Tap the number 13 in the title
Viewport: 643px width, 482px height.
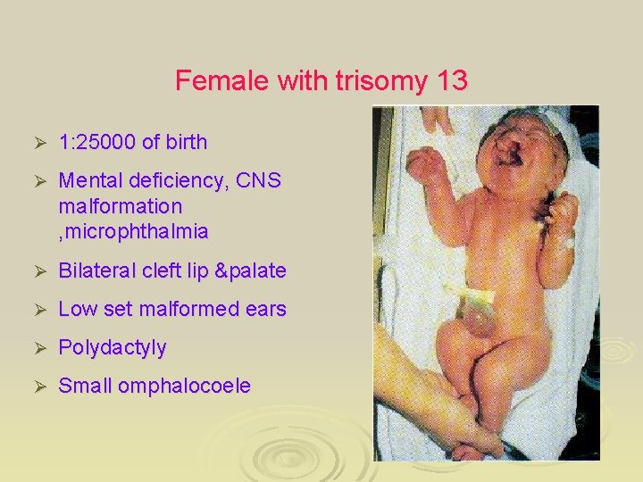(450, 81)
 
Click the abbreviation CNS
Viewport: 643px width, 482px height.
(258, 181)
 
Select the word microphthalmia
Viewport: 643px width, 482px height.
(133, 232)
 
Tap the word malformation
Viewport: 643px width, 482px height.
(120, 206)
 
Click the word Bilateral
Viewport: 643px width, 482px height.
(96, 270)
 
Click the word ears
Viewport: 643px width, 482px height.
(265, 310)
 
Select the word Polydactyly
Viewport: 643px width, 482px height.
(113, 347)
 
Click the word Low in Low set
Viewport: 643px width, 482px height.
(76, 310)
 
